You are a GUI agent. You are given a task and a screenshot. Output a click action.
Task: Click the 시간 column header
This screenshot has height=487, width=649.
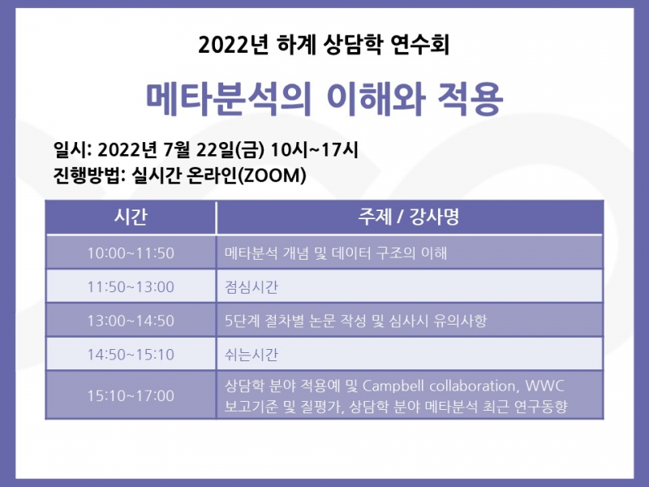[x=131, y=218]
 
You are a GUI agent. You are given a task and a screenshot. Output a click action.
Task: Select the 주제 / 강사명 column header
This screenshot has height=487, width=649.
[x=409, y=218]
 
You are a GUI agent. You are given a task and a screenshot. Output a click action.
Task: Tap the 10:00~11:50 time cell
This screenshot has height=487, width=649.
[x=131, y=252]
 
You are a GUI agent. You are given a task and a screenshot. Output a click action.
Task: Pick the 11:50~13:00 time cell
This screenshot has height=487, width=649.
[x=131, y=287]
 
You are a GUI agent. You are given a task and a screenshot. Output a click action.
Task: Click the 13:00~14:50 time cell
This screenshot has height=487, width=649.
[x=131, y=321]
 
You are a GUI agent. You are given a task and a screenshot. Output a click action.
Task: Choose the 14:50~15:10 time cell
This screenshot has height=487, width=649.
[x=131, y=355]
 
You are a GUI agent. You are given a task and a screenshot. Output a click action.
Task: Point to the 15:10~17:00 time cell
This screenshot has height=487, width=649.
[x=131, y=395]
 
